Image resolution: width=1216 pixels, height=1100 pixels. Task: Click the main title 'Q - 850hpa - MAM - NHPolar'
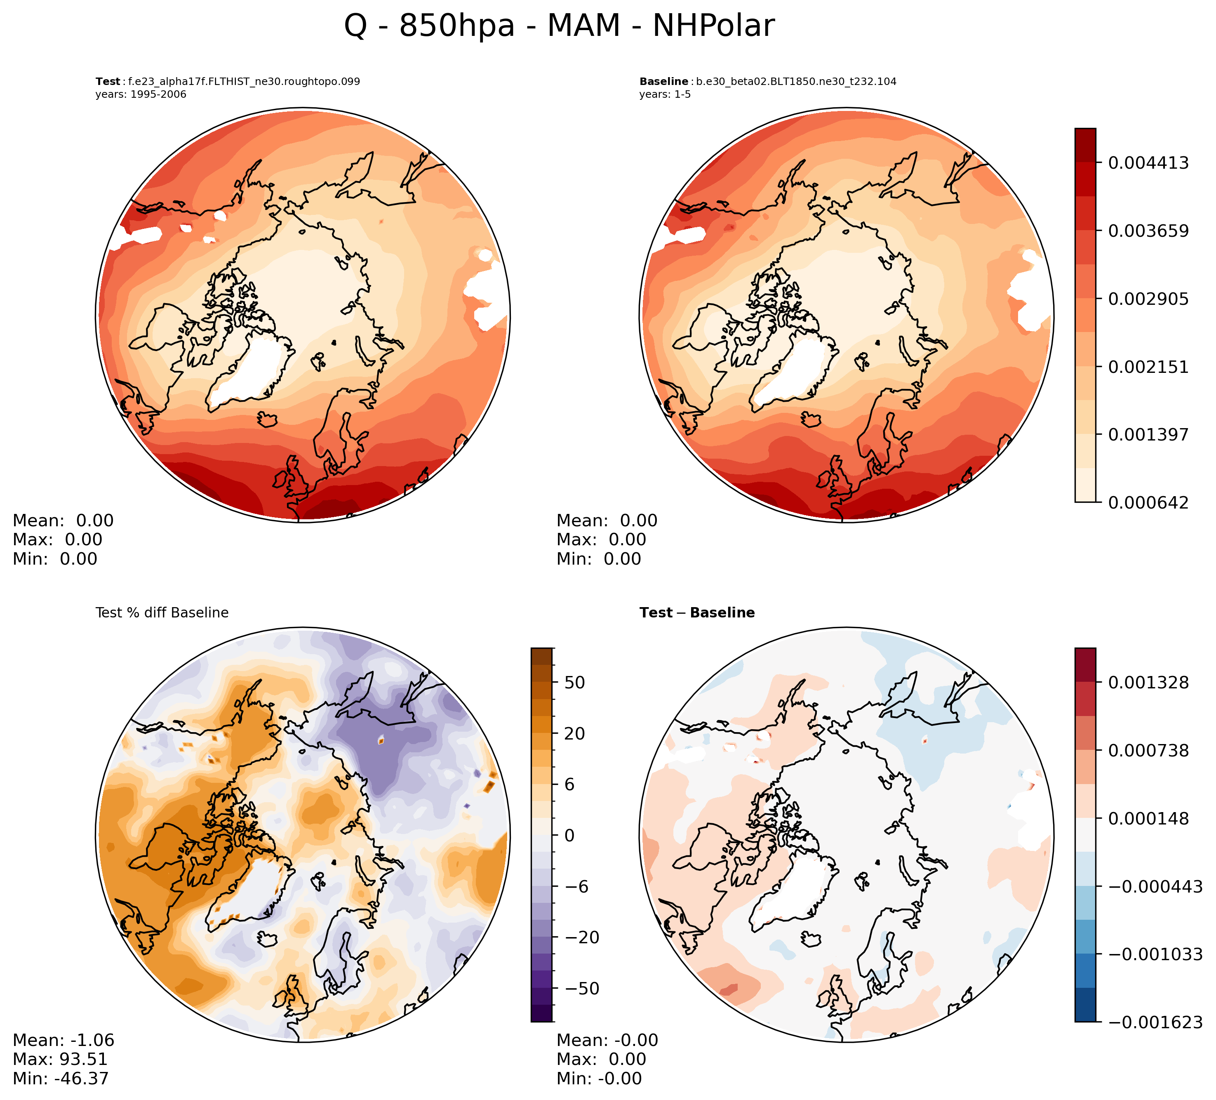[x=559, y=26]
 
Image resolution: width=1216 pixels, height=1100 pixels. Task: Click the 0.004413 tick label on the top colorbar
[x=1148, y=163]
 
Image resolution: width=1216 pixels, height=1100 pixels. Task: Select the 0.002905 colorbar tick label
[x=1148, y=299]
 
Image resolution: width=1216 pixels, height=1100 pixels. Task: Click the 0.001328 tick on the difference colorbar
[x=1148, y=683]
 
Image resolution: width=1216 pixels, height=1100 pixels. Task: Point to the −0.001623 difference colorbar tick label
[x=1155, y=1022]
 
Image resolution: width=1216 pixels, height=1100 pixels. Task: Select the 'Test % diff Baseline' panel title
[x=162, y=613]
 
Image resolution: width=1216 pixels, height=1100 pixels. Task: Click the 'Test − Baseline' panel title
[x=697, y=613]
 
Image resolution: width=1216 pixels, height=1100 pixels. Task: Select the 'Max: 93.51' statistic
[x=60, y=1059]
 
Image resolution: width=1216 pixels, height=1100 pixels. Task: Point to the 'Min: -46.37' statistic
[x=60, y=1078]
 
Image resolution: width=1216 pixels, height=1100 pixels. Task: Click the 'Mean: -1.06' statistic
[x=64, y=1040]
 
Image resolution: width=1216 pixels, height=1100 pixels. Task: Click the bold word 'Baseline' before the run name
[x=663, y=82]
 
